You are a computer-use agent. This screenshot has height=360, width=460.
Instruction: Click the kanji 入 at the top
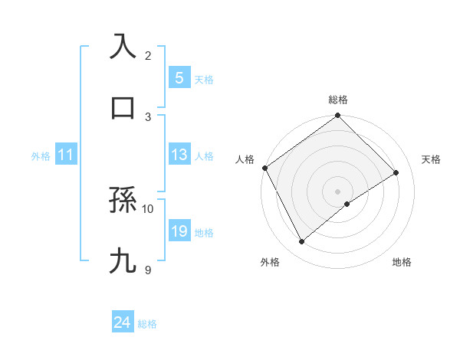(123, 46)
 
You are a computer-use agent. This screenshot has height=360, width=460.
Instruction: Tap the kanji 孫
(123, 201)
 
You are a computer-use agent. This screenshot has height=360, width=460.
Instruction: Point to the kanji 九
(123, 261)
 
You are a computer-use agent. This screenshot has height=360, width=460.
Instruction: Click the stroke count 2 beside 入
(148, 55)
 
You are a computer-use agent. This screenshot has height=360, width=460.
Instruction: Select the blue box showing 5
(179, 78)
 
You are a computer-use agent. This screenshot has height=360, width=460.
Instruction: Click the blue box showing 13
(179, 155)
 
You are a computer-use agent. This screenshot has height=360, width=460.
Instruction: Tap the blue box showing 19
(179, 231)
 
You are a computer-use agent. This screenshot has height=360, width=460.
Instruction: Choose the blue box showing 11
(66, 155)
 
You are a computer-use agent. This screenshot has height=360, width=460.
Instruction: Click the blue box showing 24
(123, 322)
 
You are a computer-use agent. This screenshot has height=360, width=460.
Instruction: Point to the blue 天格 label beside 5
(204, 79)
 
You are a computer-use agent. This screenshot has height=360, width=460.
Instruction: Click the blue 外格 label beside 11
(41, 155)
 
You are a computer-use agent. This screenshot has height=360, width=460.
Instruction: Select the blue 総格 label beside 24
(147, 323)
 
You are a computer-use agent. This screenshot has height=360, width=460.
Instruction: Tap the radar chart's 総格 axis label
(337, 100)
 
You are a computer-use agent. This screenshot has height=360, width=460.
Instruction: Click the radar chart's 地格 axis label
(402, 262)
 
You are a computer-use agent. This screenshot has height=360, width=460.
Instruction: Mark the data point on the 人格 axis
(264, 168)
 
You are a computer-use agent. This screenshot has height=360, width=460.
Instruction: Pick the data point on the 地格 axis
(347, 204)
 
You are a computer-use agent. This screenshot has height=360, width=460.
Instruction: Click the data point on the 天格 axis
(396, 172)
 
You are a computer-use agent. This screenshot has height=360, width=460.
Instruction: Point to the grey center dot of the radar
(337, 191)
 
